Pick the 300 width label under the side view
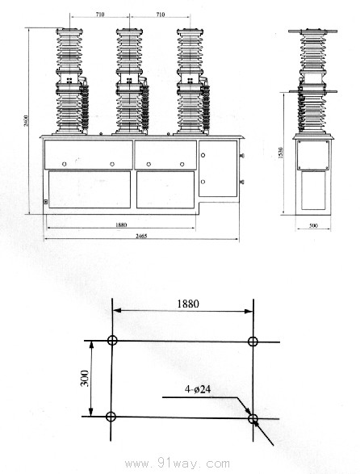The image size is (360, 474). coord(313,226)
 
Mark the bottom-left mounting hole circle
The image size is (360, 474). coord(111,417)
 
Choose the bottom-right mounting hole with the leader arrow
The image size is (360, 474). coord(253,418)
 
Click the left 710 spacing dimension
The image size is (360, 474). coord(99,14)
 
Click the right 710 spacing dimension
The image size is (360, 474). coord(160,14)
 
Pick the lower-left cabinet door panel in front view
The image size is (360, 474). coord(90,189)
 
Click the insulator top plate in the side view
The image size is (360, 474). coord(313,31)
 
